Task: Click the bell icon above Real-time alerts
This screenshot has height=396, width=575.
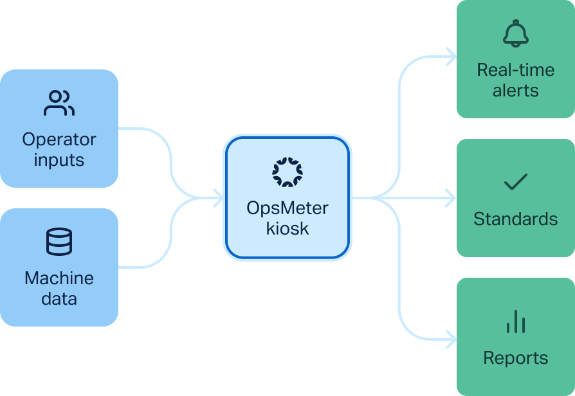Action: click(x=515, y=33)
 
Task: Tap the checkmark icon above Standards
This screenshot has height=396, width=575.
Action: click(x=515, y=183)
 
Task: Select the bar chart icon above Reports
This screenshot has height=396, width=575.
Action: click(x=515, y=321)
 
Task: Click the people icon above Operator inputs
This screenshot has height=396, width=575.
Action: click(x=59, y=104)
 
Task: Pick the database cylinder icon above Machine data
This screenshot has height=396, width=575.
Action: click(x=59, y=242)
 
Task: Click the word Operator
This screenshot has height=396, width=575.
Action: click(x=59, y=139)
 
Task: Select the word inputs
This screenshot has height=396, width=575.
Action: click(x=59, y=159)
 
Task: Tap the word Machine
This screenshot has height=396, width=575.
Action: click(x=59, y=278)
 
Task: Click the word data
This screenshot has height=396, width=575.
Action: click(x=59, y=298)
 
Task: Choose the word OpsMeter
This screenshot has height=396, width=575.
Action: click(x=287, y=208)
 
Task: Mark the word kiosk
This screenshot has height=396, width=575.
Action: click(x=287, y=228)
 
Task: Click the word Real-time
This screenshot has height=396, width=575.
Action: click(x=515, y=69)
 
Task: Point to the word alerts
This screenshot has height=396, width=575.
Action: click(x=515, y=90)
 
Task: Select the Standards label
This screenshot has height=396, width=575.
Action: click(x=515, y=219)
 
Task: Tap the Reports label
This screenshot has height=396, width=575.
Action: click(x=515, y=358)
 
